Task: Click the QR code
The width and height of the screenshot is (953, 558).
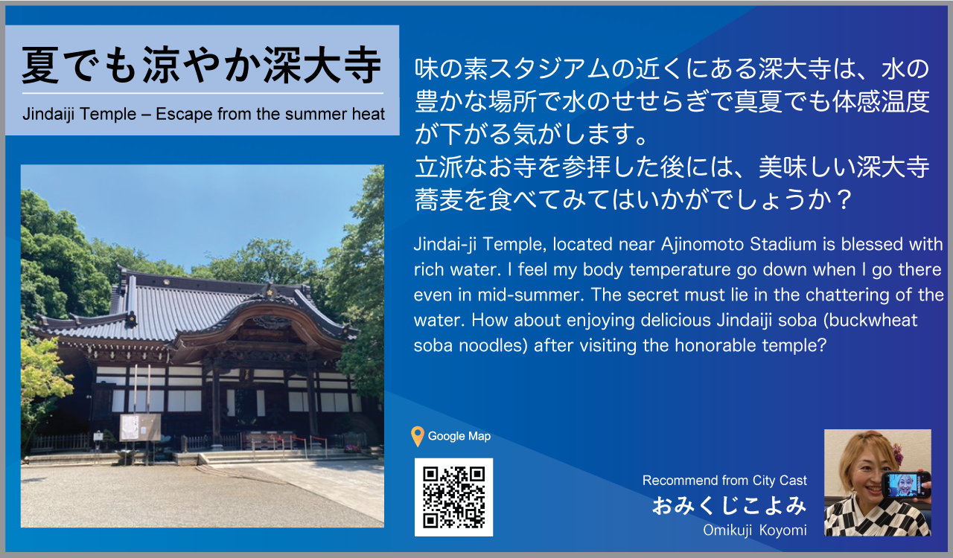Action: (453, 497)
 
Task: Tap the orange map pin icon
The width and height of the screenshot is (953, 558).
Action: (418, 437)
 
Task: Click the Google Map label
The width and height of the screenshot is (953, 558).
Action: (459, 437)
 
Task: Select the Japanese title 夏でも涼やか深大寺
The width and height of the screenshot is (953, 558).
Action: (201, 65)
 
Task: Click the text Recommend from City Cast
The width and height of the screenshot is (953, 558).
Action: (724, 480)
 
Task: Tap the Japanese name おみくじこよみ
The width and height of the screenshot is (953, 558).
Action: (729, 506)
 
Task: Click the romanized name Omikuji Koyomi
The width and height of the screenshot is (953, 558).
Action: (755, 530)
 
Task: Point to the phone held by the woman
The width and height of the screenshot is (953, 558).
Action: (906, 485)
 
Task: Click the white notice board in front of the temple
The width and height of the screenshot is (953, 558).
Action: (140, 427)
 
